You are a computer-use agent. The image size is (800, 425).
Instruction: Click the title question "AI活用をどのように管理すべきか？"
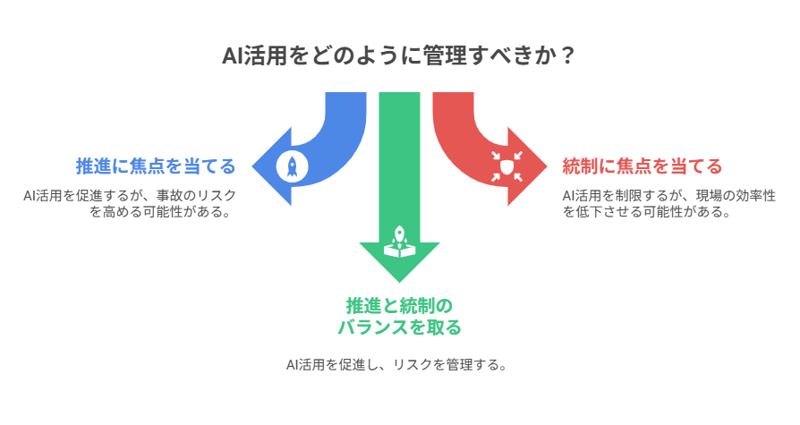click(399, 56)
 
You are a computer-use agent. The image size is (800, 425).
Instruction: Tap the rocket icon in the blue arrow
click(292, 165)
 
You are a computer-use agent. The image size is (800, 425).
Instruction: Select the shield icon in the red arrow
click(506, 166)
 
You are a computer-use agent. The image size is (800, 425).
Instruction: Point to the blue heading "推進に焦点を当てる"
click(156, 166)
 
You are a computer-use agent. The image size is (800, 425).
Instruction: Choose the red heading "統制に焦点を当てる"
click(642, 166)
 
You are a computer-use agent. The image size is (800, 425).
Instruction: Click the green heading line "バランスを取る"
click(399, 327)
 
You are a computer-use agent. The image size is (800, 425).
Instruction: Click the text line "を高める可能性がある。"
click(162, 213)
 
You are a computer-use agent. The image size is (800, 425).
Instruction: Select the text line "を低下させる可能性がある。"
click(635, 213)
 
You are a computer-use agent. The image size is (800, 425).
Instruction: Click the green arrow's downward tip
click(399, 282)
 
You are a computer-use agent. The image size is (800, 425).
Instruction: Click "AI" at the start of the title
click(232, 56)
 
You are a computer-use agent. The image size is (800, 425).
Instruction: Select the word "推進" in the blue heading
click(92, 166)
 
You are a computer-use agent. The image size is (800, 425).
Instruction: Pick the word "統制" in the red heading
click(578, 166)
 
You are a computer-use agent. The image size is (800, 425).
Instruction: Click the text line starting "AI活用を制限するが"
click(668, 195)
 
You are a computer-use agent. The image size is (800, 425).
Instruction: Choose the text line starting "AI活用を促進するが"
click(130, 195)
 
